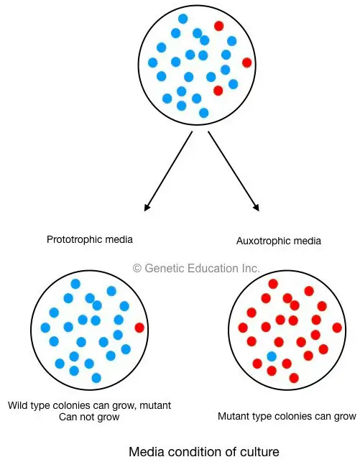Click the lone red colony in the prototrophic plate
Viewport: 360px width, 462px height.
139,328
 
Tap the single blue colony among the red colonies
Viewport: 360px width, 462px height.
272,357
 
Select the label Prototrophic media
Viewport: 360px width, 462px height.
90,239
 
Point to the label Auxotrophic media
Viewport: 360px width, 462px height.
278,241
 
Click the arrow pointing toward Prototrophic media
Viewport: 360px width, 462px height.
168,171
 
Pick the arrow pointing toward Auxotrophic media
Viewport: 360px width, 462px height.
234,171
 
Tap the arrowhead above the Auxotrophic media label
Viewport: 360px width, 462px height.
257,207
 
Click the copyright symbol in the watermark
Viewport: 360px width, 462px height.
137,269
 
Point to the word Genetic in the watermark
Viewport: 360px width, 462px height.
165,268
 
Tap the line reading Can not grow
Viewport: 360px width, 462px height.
89,417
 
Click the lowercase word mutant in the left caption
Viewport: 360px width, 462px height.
155,405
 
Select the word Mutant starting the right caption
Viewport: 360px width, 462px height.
233,416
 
